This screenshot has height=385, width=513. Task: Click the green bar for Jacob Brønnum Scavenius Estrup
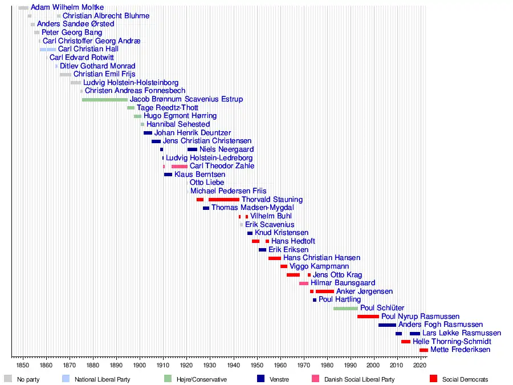(105, 99)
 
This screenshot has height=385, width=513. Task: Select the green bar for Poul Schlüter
(345, 308)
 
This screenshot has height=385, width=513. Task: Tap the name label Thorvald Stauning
(272, 200)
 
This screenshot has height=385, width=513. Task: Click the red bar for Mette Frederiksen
(424, 350)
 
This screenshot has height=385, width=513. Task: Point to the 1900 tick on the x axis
(139, 357)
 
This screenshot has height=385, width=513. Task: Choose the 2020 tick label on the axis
(420, 364)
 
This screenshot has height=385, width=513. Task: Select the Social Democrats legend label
(465, 379)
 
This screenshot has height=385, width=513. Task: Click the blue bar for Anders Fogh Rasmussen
(387, 325)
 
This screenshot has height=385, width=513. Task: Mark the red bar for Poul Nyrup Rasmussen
(368, 316)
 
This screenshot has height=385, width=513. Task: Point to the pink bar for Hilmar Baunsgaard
(304, 283)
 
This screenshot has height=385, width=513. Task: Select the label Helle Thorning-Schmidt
(452, 341)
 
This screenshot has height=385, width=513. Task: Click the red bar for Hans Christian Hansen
(275, 258)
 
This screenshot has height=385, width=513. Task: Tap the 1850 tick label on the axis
(22, 364)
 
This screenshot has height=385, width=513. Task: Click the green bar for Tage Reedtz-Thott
(131, 108)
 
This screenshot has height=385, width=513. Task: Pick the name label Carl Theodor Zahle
(222, 166)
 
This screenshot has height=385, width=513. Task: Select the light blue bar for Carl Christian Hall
(48, 49)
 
